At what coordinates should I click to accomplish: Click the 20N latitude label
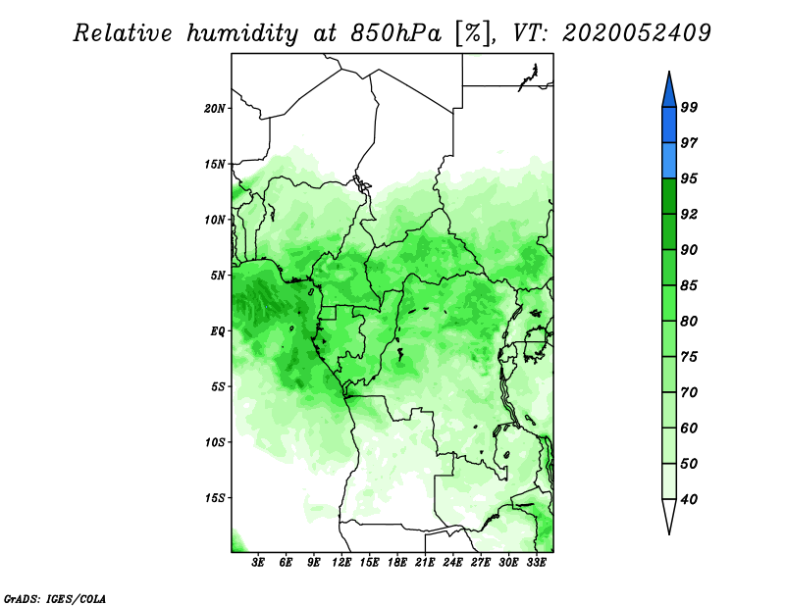tap(215, 109)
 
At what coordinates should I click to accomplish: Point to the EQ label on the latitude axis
tap(218, 331)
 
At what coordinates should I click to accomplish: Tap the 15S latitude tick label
tap(215, 498)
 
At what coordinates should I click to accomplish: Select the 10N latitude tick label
tap(215, 220)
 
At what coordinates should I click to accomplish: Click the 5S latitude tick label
tap(218, 386)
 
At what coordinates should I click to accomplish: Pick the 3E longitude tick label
tap(258, 563)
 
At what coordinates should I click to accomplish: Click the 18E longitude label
tap(397, 563)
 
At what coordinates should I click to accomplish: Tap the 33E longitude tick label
tap(536, 563)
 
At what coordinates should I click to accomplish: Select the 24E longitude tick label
tap(452, 563)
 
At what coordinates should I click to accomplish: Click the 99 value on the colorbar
tap(689, 107)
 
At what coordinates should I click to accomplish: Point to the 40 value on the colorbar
tap(689, 499)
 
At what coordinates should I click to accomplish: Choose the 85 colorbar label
tap(689, 285)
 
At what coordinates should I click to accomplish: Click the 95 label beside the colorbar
tap(689, 178)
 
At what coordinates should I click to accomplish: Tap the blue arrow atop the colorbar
tap(669, 92)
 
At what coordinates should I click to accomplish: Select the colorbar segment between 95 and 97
tap(669, 161)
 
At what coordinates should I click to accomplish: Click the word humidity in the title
tap(242, 33)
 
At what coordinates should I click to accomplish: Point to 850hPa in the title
tap(396, 33)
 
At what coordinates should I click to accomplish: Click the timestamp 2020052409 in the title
tap(636, 33)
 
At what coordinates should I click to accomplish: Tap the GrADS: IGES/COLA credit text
tap(55, 598)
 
